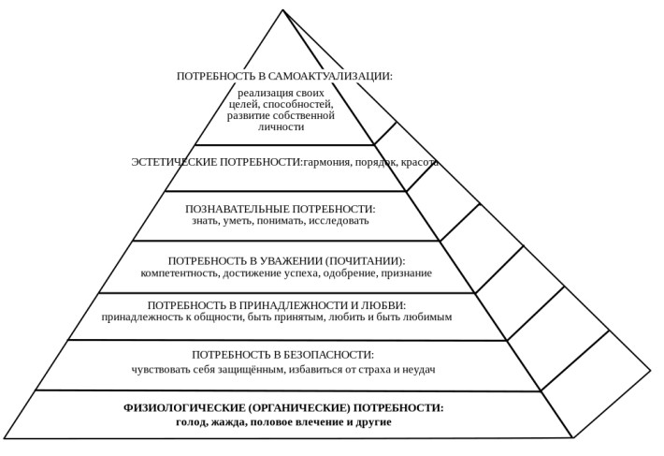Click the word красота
(x=420, y=162)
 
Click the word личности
(x=281, y=127)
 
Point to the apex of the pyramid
(x=282, y=10)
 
